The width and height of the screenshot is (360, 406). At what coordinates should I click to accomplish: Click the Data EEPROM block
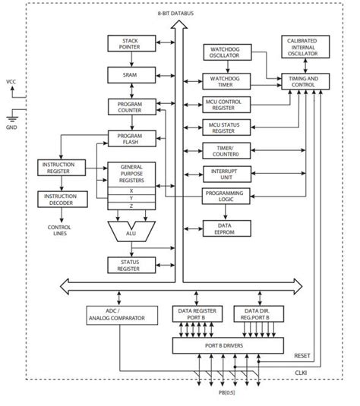[226, 227]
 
